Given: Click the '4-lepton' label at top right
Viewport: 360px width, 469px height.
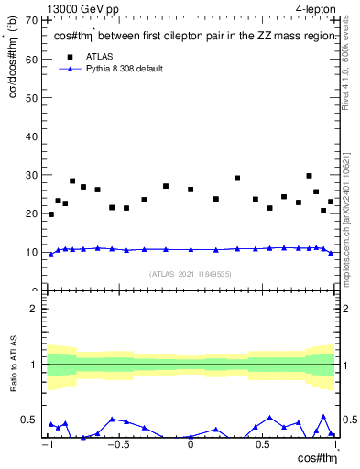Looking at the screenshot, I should tap(316, 8).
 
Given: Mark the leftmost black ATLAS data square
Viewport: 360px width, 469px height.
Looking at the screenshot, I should tap(50, 214).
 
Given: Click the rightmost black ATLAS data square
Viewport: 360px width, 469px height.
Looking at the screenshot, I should tap(331, 202).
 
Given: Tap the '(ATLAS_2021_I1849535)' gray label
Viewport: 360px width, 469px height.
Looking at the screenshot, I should tap(191, 273).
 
